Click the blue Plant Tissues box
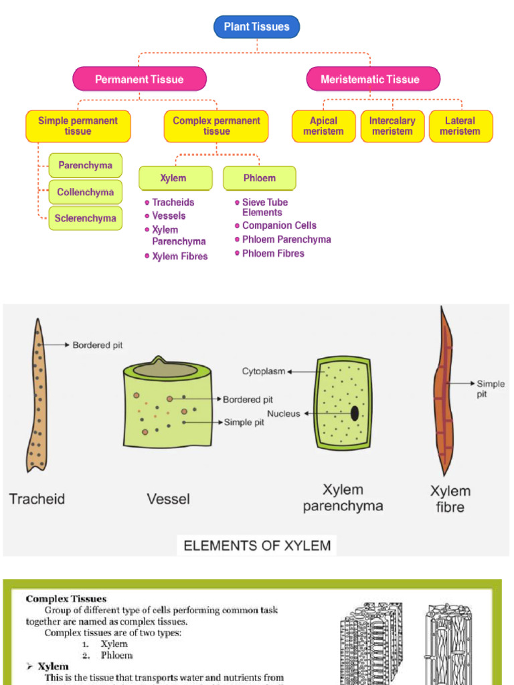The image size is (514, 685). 256,27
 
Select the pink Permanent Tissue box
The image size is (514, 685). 139,79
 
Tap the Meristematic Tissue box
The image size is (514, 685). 373,79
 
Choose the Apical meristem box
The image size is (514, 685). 323,126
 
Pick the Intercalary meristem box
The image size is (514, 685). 392,126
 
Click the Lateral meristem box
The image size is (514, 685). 460,126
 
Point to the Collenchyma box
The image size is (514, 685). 85,192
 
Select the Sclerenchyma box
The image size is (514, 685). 85,218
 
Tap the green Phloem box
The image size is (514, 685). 260,178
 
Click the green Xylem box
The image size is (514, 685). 175,178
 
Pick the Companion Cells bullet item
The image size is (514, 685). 278,225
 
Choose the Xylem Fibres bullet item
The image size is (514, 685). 179,256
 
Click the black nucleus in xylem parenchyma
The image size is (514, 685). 354,413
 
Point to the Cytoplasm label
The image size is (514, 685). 264,371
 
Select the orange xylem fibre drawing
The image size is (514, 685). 442,395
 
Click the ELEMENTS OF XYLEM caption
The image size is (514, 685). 257,545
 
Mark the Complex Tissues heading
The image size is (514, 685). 66,599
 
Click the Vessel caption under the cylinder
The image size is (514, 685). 168,499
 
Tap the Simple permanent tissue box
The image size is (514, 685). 78,126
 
